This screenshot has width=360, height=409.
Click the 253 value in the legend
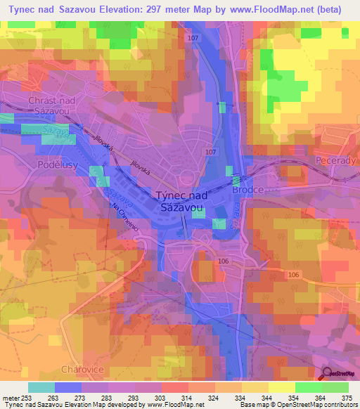[x=27, y=398]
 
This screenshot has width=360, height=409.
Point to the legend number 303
[x=161, y=398]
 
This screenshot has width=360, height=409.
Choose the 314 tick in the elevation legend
[x=188, y=398]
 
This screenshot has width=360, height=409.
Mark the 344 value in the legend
[x=268, y=398]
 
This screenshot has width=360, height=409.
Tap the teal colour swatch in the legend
[x=41, y=387]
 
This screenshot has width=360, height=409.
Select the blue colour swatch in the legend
[x=68, y=387]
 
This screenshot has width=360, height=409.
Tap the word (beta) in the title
[x=332, y=8]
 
